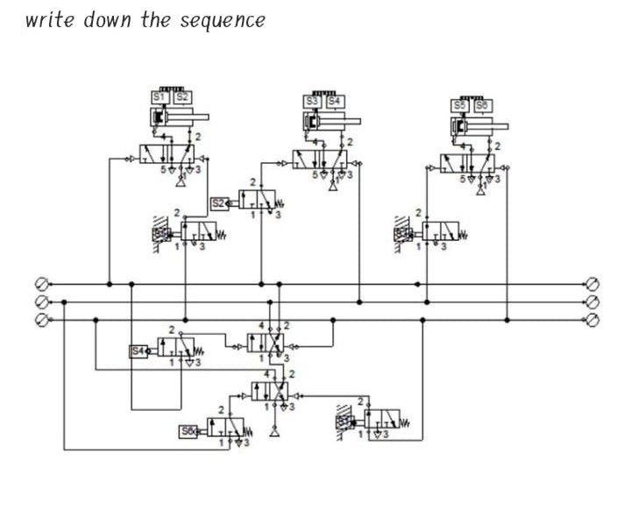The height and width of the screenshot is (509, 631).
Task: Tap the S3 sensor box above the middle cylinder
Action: click(313, 102)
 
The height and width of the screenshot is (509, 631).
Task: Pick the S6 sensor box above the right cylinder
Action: click(481, 105)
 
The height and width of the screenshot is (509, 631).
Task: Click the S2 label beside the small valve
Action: click(219, 203)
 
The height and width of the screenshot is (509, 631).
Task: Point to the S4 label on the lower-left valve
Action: click(138, 351)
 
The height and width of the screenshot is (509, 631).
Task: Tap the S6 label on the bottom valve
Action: click(188, 431)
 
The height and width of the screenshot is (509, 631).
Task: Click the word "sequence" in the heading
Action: click(223, 20)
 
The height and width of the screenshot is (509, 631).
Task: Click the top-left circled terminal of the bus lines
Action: click(40, 284)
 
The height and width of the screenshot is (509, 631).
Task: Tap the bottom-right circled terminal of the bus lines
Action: click(592, 320)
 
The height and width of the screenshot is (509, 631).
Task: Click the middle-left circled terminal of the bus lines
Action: click(40, 301)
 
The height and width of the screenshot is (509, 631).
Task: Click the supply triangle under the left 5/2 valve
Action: click(181, 184)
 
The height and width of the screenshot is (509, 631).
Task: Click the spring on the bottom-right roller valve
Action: click(407, 422)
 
